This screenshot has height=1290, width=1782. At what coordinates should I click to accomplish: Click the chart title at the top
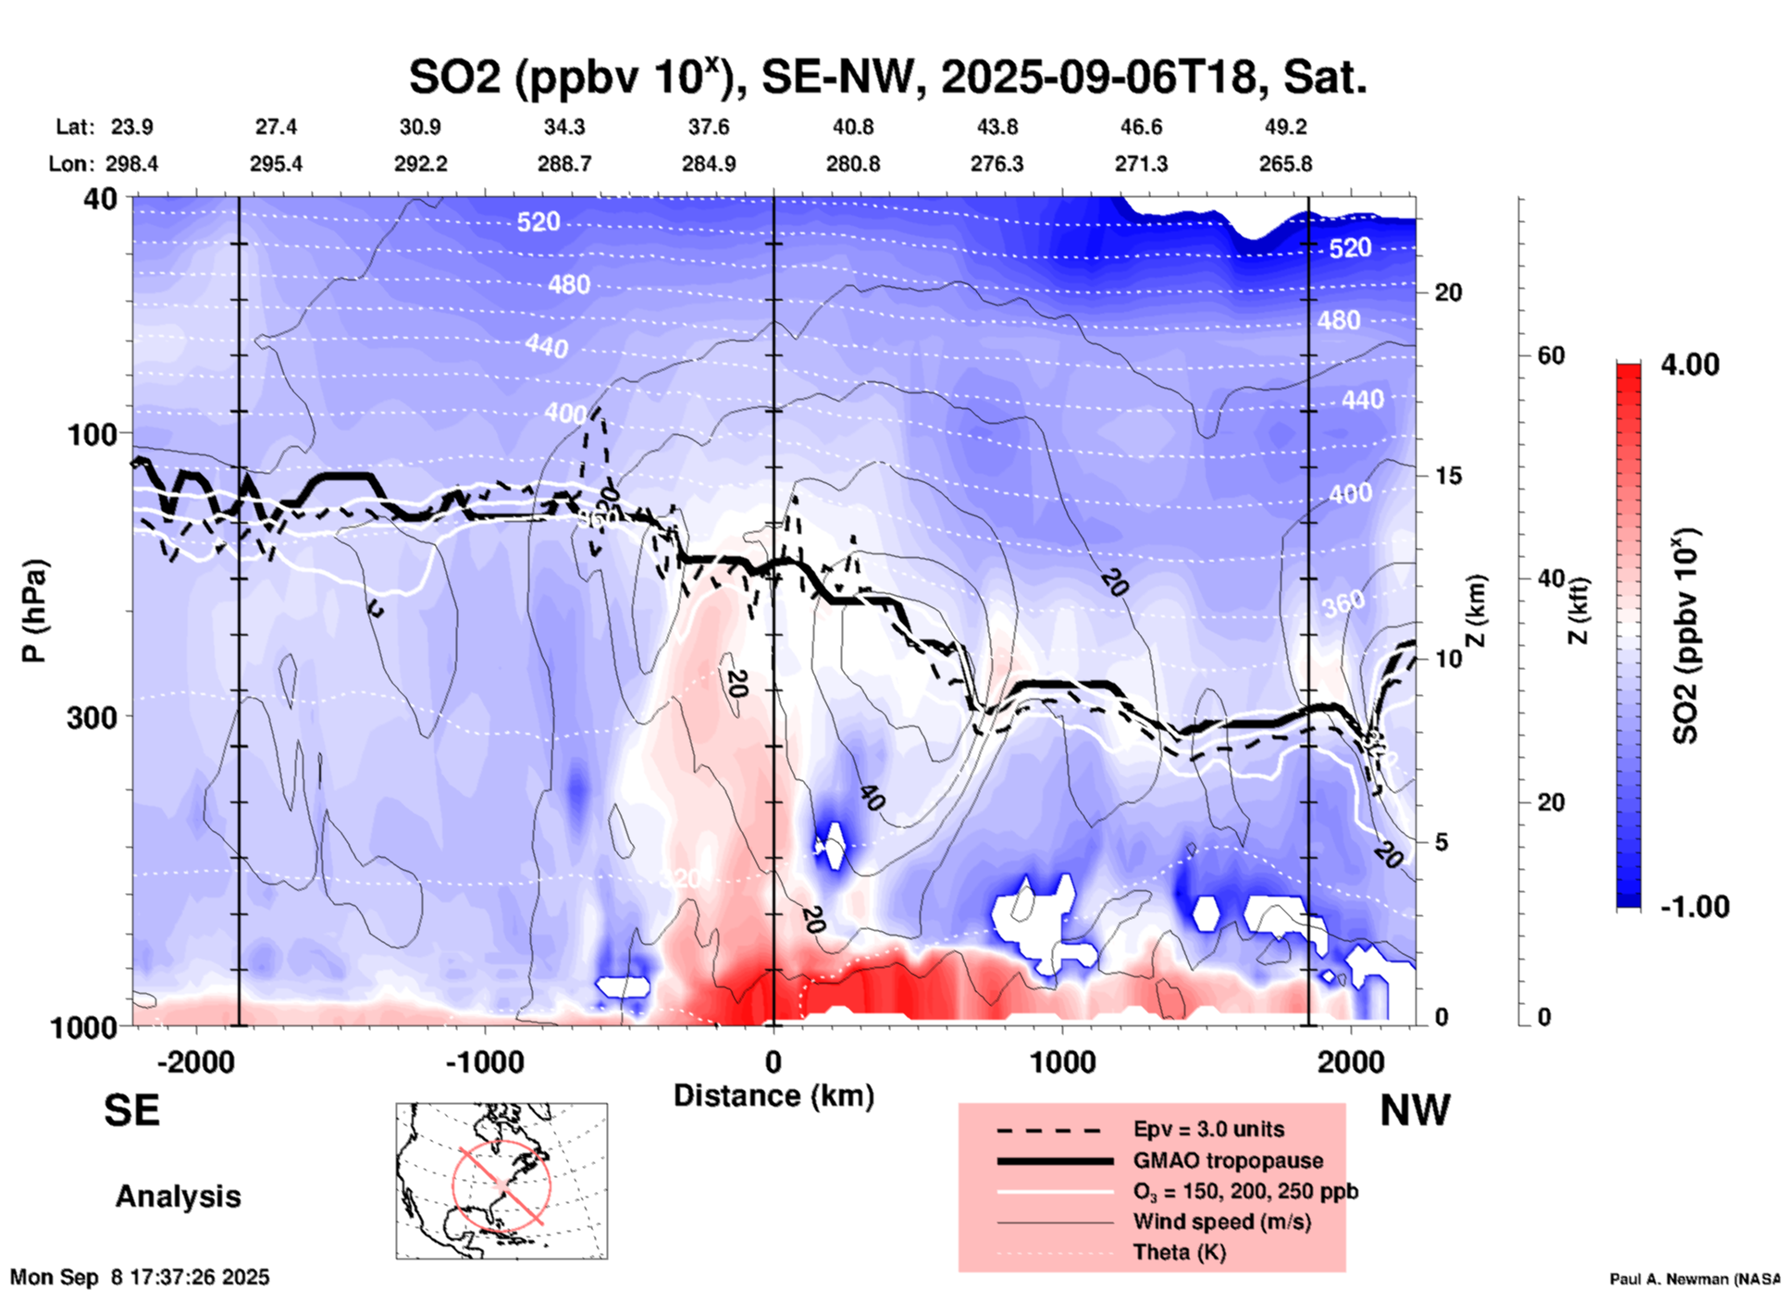(888, 78)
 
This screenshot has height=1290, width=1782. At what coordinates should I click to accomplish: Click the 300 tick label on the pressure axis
(92, 717)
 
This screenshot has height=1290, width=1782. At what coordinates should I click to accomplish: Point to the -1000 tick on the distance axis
(484, 1061)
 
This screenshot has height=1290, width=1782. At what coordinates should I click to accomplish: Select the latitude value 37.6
(708, 127)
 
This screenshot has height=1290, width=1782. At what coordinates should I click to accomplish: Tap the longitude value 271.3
(1141, 164)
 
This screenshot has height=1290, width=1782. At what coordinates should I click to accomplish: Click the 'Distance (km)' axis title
(773, 1096)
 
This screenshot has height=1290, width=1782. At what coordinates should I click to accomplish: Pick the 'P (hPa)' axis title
(34, 611)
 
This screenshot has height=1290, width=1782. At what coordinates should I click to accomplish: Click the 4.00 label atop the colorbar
(1689, 365)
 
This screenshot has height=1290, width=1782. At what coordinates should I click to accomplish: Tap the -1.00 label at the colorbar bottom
(1694, 906)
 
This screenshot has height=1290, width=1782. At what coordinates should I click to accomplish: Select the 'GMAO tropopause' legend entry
(1228, 1160)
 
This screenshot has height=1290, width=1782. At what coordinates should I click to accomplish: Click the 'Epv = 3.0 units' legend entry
(1208, 1129)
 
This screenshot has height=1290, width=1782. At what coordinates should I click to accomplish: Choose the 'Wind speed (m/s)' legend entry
(1221, 1222)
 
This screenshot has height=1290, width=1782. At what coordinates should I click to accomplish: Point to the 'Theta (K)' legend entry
(1179, 1252)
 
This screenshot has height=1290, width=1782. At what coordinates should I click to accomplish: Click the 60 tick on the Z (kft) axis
(1551, 355)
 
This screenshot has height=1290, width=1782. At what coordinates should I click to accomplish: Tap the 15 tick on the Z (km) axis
(1448, 476)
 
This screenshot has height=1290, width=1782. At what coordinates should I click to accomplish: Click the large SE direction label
(131, 1110)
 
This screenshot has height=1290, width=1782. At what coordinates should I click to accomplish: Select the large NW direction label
(1415, 1110)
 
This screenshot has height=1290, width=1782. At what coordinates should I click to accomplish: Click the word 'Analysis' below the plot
(178, 1197)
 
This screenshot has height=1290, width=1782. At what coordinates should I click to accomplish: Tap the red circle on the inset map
(501, 1185)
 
